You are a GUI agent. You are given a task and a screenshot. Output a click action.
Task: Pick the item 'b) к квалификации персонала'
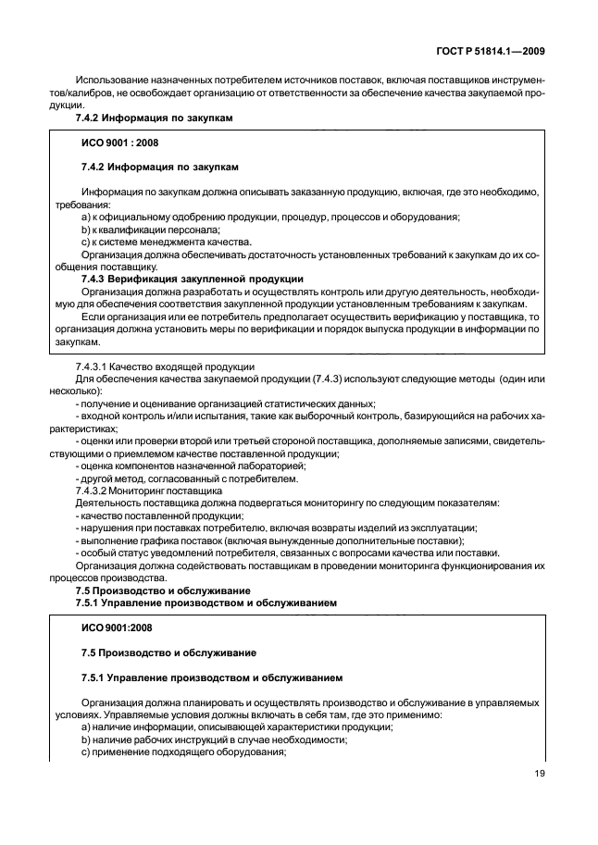point(151,229)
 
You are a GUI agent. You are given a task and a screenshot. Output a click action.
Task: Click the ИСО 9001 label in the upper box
point(115,143)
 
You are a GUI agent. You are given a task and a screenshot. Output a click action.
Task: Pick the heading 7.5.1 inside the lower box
point(213,677)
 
